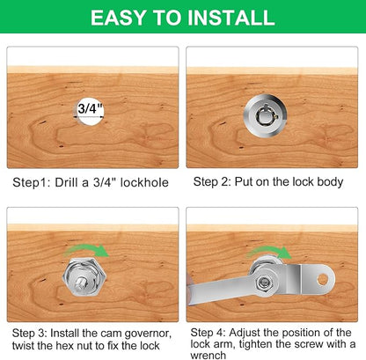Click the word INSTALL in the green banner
coord(231,18)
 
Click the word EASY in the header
coord(118,18)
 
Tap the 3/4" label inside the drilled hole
coord(91,109)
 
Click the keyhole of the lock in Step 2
coord(265,117)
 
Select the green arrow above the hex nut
coord(86,250)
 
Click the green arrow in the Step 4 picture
coord(269,252)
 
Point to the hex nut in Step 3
coord(84,278)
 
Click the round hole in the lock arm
coord(322,279)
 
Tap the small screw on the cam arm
coord(263,283)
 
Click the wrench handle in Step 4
coord(218,290)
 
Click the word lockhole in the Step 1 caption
coord(144,182)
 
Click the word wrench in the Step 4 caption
coord(209,356)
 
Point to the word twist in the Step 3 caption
coord(23,346)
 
